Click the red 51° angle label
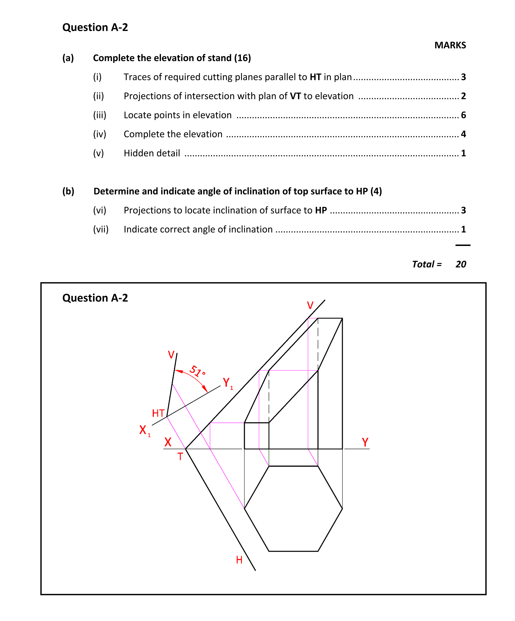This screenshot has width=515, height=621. pos(197,372)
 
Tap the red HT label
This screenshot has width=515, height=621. pos(158,413)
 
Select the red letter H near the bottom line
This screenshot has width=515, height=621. pos(239,560)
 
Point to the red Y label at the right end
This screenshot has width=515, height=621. pos(365,442)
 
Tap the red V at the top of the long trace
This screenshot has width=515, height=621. pos(310,306)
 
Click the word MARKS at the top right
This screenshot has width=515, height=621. pos(450,45)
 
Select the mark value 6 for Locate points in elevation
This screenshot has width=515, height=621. pos(463,115)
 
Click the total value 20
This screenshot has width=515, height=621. pos(461,264)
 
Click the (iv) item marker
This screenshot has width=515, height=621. pos(99,134)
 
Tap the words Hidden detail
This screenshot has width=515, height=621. pos(152,153)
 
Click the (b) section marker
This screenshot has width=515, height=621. pos(68,191)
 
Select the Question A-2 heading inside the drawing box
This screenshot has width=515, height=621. pos(95,298)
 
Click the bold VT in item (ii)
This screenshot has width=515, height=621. pos(295,96)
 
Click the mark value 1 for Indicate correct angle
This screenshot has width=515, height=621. pos(463,229)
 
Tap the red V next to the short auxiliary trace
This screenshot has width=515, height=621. pos(171,355)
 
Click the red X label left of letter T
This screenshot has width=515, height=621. pos(168,442)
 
